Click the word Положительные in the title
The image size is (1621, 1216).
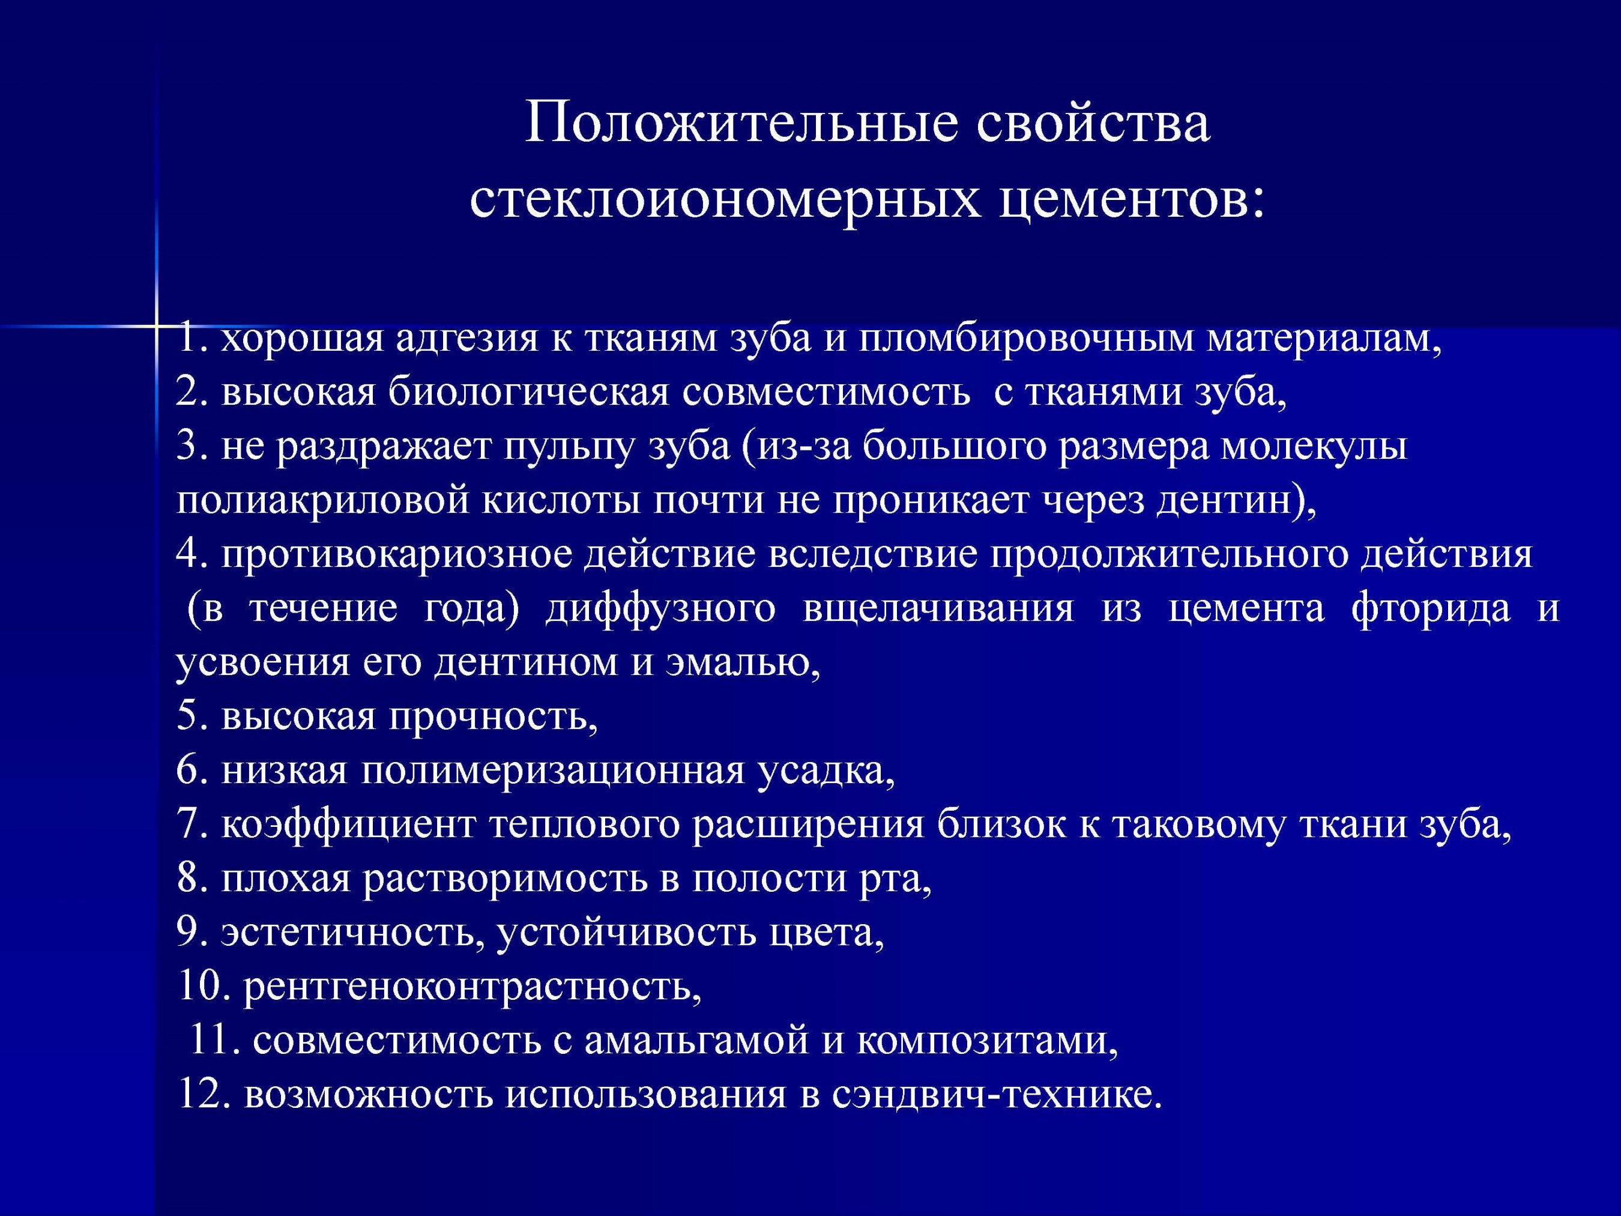click(x=741, y=123)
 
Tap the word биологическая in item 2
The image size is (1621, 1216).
click(x=528, y=393)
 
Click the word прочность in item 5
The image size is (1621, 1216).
click(x=488, y=716)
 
